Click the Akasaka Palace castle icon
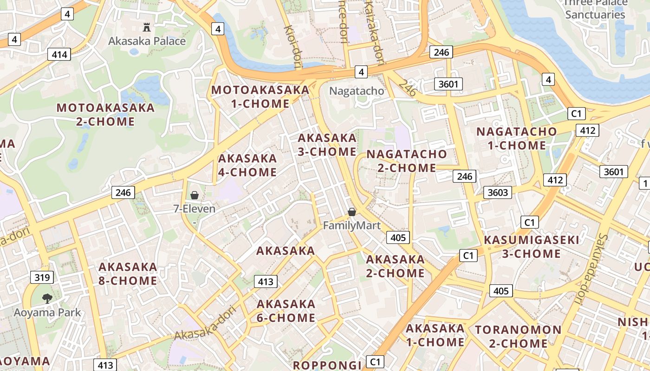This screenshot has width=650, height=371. click(147, 27)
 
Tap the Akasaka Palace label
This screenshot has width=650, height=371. click(147, 41)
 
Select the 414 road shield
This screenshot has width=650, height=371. click(59, 55)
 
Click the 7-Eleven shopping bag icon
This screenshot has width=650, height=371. click(195, 195)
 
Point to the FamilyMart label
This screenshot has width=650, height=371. click(351, 226)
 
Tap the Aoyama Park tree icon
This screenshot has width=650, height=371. click(47, 298)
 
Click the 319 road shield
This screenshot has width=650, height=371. click(42, 278)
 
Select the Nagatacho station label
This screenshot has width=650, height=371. click(357, 91)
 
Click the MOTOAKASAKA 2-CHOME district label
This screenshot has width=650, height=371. click(105, 115)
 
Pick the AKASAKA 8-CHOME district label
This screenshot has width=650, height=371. click(128, 274)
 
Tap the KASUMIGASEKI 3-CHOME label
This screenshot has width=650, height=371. click(532, 247)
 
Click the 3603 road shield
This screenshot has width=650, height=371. click(498, 192)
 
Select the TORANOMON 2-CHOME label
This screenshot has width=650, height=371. click(518, 337)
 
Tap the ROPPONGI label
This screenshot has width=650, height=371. click(327, 365)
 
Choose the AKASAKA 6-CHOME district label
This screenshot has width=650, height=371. click(286, 311)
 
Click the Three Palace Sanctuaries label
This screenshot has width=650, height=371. click(595, 9)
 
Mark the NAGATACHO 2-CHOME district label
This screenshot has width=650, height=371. click(407, 160)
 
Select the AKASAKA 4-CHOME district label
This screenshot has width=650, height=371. click(247, 165)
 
